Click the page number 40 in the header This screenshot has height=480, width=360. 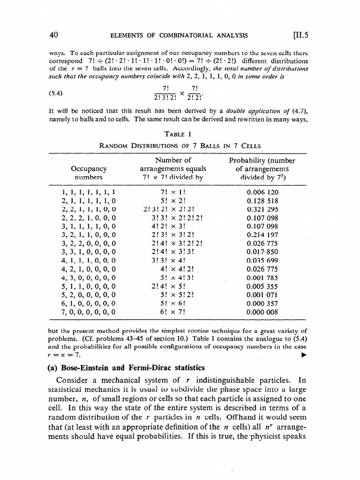tap(53, 35)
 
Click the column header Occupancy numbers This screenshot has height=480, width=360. tap(89, 173)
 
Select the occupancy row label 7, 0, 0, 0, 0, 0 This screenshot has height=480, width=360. tap(89, 310)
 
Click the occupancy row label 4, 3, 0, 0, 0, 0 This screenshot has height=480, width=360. tap(89, 277)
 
